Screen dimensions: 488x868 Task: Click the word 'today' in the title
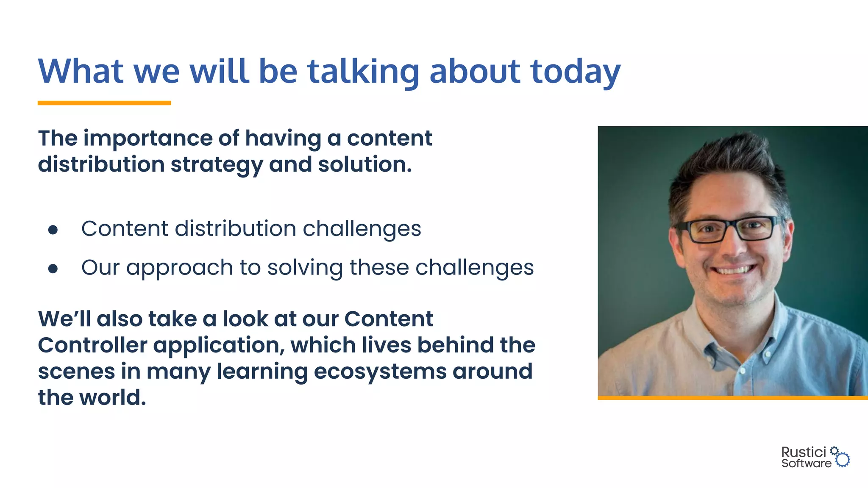pos(575,72)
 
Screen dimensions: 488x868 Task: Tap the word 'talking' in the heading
pos(363,72)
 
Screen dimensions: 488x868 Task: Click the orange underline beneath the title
pos(104,103)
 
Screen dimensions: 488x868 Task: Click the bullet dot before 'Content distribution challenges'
pos(53,230)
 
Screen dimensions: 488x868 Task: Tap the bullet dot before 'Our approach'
pos(53,269)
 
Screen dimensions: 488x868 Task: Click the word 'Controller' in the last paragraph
pos(92,345)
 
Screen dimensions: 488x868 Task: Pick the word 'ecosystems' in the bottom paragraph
pos(380,372)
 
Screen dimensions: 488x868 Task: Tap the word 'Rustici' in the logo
pos(804,452)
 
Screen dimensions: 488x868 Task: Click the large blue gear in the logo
pos(843,460)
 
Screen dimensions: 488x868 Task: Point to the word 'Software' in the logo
pos(806,463)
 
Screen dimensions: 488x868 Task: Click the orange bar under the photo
pos(732,398)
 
